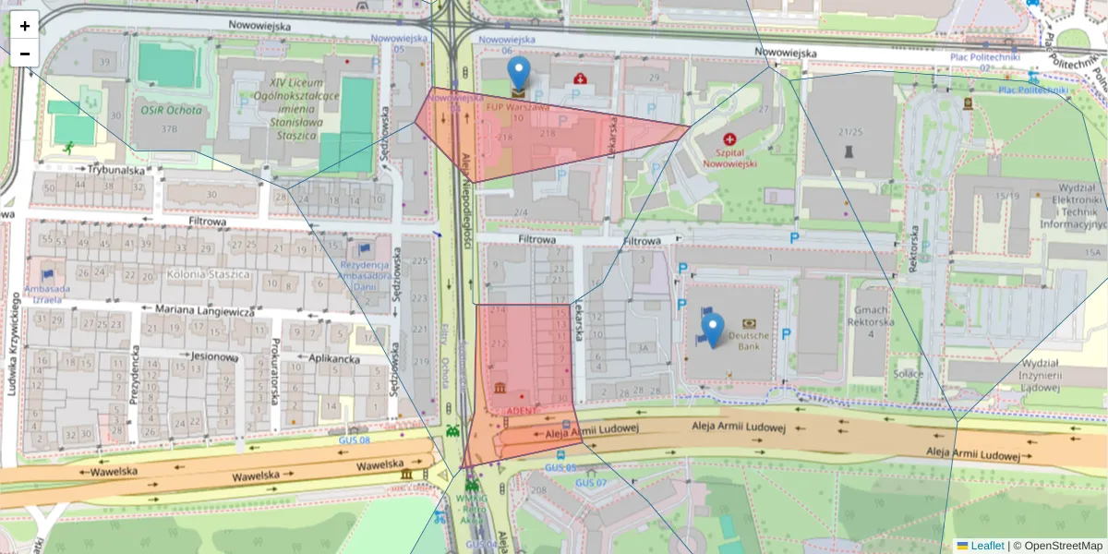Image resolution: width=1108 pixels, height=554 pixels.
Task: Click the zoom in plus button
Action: point(25,26)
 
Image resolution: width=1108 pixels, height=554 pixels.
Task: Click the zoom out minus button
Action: point(25,54)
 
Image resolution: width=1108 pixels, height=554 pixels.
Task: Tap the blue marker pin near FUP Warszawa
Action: point(520,73)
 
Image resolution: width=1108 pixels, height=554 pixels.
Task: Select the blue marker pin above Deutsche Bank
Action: point(712,329)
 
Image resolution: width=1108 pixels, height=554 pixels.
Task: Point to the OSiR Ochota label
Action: point(171,110)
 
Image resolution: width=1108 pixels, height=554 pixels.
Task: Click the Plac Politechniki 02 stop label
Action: point(984,62)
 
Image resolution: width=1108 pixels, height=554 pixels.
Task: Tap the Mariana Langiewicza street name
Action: point(204,312)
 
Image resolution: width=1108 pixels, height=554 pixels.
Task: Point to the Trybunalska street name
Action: point(116,170)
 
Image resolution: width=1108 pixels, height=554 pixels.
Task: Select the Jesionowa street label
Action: point(217,355)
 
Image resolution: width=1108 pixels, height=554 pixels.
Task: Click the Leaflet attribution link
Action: point(986,546)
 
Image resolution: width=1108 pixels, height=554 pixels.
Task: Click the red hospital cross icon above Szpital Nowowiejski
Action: point(729,139)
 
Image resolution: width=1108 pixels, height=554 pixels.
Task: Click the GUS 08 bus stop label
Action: point(355,440)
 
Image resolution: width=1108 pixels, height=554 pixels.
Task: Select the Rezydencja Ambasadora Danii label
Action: point(366,278)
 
